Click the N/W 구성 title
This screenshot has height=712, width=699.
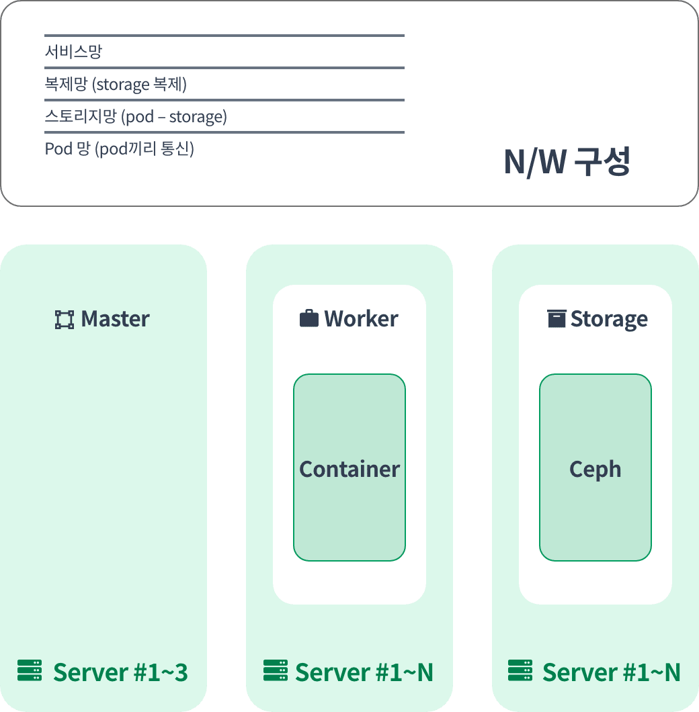tap(567, 162)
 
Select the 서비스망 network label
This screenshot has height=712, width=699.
tap(73, 51)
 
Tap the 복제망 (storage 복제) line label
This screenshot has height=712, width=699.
tap(116, 84)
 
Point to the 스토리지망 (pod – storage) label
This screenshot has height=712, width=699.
tap(136, 116)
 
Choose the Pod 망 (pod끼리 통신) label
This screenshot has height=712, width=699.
tap(119, 148)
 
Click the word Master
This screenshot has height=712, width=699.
tap(115, 319)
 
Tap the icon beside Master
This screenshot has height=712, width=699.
tap(64, 320)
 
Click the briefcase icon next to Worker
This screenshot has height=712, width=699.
tap(309, 318)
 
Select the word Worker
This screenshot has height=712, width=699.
tap(361, 319)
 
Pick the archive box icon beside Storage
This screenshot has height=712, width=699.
tap(557, 318)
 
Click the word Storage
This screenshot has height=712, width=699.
tap(609, 319)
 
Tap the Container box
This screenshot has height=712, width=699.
tap(349, 468)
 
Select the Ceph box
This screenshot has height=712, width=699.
tap(595, 468)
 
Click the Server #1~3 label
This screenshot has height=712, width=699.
tap(120, 672)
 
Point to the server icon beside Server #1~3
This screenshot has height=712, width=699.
tap(30, 670)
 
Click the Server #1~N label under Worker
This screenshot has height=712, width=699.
tap(364, 672)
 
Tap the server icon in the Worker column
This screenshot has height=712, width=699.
tap(276, 670)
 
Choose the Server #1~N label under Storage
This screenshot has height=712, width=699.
tap(611, 672)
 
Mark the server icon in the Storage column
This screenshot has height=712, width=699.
tap(520, 670)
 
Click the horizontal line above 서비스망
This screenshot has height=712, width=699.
tap(224, 36)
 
